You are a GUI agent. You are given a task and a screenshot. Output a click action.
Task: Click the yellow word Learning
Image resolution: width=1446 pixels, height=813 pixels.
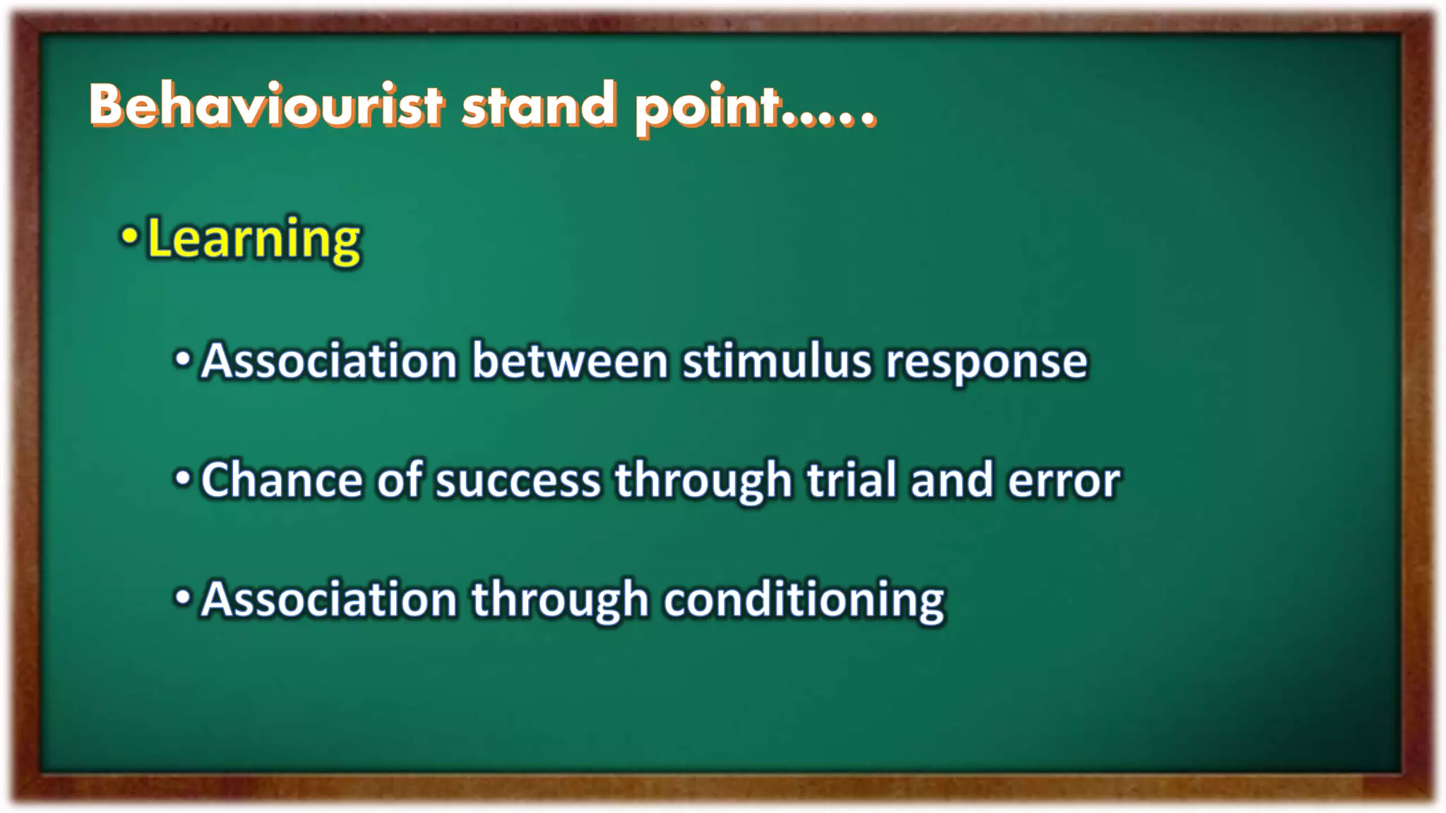tap(253, 240)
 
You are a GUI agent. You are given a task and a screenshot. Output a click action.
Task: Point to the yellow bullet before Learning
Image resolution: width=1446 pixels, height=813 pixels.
tap(129, 236)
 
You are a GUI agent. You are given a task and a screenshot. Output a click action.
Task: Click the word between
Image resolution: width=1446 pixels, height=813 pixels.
tap(569, 361)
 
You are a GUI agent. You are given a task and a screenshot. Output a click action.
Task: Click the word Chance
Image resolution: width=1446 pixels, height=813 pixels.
tap(282, 480)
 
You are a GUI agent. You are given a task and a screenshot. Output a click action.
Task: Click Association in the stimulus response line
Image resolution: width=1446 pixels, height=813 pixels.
tap(329, 361)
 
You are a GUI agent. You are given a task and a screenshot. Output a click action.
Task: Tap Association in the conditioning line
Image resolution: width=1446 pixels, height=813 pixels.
tap(329, 599)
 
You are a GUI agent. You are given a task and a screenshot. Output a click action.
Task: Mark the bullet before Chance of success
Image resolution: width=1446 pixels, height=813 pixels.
tap(183, 478)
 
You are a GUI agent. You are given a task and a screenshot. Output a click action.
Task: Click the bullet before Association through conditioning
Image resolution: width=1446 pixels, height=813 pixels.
tap(183, 598)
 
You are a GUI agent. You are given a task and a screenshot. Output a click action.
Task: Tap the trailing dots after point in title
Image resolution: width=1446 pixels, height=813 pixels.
tap(830, 120)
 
